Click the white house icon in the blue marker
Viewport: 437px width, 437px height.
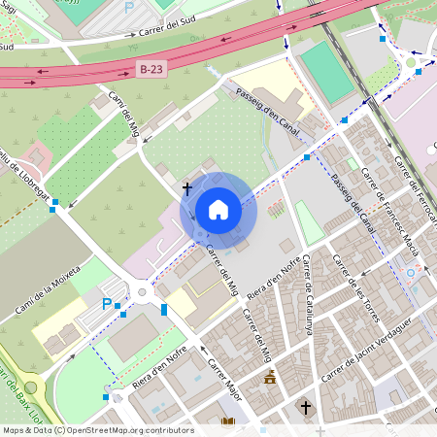(218, 210)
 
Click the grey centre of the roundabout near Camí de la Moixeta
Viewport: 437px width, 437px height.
(144, 289)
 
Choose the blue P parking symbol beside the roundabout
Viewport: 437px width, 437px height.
(106, 304)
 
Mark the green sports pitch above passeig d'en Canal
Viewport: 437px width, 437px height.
(327, 71)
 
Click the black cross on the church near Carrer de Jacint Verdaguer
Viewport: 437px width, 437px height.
(306, 407)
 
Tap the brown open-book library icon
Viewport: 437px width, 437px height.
(228, 423)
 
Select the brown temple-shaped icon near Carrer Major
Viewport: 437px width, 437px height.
(270, 379)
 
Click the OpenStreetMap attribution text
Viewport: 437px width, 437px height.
(97, 430)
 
